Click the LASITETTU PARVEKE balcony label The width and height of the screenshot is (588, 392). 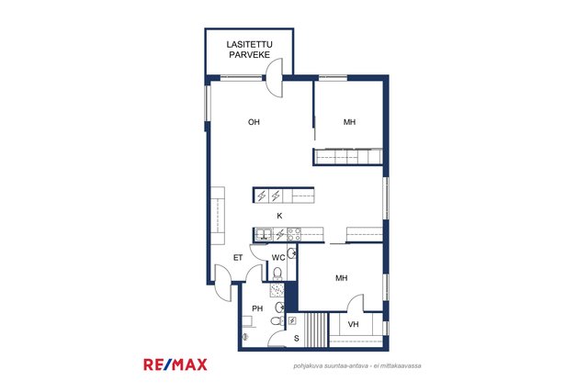pyautogui.click(x=249, y=50)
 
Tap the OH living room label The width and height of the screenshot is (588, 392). pyautogui.click(x=254, y=122)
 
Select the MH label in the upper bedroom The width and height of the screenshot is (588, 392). pyautogui.click(x=349, y=122)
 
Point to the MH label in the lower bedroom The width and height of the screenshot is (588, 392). pyautogui.click(x=341, y=278)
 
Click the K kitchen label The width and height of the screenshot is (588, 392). pyautogui.click(x=279, y=216)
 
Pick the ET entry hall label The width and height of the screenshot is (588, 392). pyautogui.click(x=238, y=258)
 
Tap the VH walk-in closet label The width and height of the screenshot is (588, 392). pyautogui.click(x=353, y=324)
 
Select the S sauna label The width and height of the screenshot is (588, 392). pyautogui.click(x=297, y=339)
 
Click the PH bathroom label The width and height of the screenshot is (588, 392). pyautogui.click(x=257, y=308)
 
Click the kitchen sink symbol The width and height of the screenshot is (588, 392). pyautogui.click(x=264, y=235)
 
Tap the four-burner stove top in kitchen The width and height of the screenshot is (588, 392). pyautogui.click(x=294, y=234)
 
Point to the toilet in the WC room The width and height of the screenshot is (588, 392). pyautogui.click(x=277, y=274)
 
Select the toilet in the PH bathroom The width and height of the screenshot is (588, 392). pyautogui.click(x=277, y=321)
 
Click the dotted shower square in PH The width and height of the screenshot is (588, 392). pyautogui.click(x=277, y=290)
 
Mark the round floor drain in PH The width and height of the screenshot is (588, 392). pyautogui.click(x=245, y=337)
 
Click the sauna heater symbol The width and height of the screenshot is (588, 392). pyautogui.click(x=292, y=320)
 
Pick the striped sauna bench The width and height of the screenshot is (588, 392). pyautogui.click(x=316, y=330)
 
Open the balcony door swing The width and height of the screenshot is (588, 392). pyautogui.click(x=274, y=78)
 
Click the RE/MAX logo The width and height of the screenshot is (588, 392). pyautogui.click(x=175, y=364)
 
